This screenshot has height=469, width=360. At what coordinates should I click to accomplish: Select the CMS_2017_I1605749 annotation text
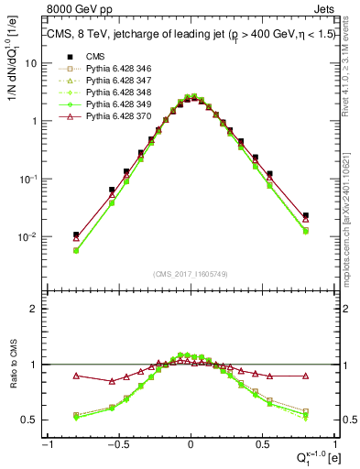tap(191, 274)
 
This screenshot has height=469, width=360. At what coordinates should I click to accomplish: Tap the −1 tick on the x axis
tap(48, 443)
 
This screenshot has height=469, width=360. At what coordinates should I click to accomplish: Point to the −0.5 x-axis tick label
tap(117, 443)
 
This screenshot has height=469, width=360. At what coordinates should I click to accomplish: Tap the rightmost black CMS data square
tap(305, 216)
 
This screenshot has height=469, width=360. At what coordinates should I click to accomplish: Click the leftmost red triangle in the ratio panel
tap(76, 376)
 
